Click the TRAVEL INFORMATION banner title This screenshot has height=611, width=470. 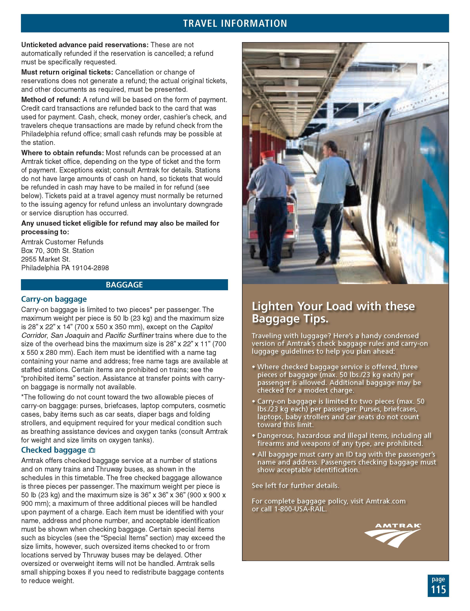click(x=235, y=23)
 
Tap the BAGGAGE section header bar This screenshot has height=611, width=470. click(x=124, y=285)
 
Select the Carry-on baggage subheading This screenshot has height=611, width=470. click(x=54, y=299)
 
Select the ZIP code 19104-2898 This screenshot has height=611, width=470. click(x=90, y=268)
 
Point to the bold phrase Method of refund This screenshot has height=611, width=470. click(x=51, y=100)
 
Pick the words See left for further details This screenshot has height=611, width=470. click(x=295, y=485)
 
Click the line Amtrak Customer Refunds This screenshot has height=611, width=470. click(x=62, y=242)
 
